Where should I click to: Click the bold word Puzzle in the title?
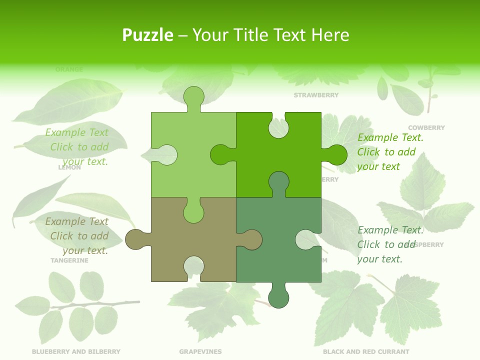click(x=147, y=35)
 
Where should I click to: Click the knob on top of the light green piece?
click(x=193, y=97)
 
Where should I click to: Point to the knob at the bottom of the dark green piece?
click(x=278, y=297)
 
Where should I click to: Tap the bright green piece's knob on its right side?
click(x=335, y=154)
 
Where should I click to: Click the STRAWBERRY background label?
click(x=316, y=95)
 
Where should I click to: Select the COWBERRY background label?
click(x=426, y=127)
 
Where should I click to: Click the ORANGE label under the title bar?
click(x=69, y=69)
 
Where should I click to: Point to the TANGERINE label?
click(x=69, y=260)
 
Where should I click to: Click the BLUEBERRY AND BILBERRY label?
click(x=76, y=351)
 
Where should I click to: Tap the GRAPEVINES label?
click(x=200, y=351)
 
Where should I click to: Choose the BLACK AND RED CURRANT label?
click(x=366, y=351)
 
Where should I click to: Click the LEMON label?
click(x=69, y=168)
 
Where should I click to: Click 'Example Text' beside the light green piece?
click(x=76, y=132)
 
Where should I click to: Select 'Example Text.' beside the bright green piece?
click(x=390, y=137)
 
